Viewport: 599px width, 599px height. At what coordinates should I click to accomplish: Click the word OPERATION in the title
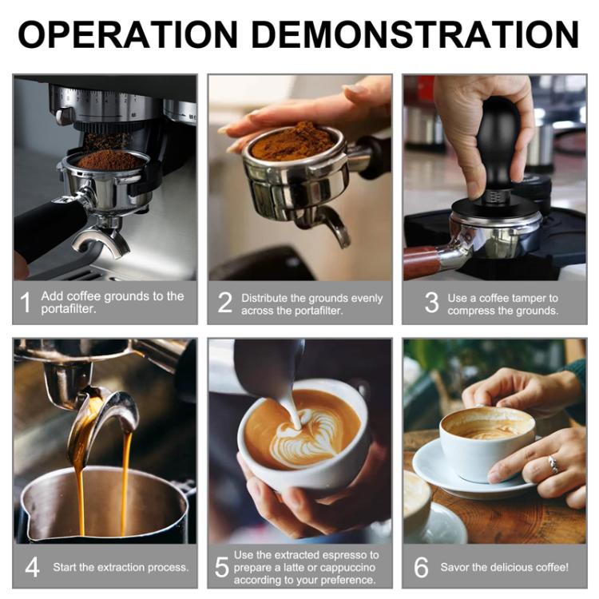tap(128, 35)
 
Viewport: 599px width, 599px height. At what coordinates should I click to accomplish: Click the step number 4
tap(32, 567)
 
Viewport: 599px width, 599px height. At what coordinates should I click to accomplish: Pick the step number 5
tap(222, 567)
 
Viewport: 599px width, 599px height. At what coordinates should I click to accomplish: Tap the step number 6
tap(421, 567)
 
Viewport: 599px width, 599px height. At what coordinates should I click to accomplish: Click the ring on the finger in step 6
tap(550, 464)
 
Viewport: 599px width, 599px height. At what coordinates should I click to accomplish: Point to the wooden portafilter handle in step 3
tap(421, 262)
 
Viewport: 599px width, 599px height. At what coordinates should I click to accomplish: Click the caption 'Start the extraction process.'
tap(121, 568)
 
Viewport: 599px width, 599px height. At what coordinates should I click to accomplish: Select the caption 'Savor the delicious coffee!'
tap(504, 568)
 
